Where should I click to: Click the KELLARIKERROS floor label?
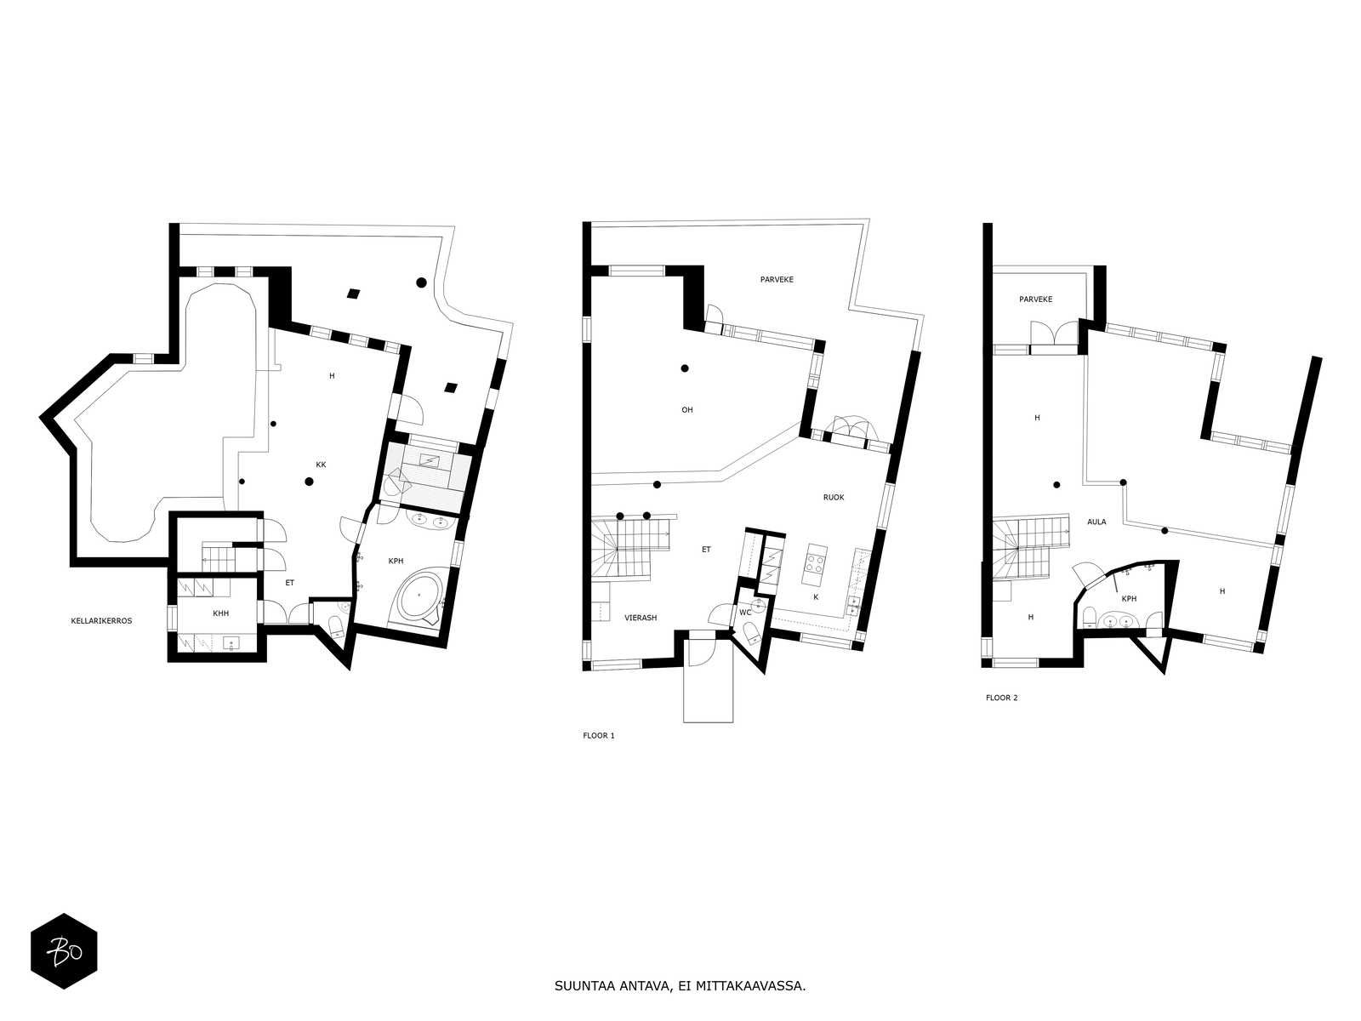(101, 620)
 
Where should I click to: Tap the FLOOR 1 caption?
(598, 736)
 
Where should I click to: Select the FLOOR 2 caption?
(1001, 698)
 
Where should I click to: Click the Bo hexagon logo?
(64, 951)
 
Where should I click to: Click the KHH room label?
(220, 613)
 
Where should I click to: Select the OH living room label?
(687, 410)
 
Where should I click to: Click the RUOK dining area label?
(834, 497)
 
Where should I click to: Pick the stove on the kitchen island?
(814, 564)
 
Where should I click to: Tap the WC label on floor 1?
(745, 613)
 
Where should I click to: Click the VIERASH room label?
(641, 618)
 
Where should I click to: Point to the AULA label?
(1096, 522)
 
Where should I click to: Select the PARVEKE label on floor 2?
(1035, 299)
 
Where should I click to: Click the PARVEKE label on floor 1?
(777, 280)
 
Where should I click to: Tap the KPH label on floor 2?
(1129, 599)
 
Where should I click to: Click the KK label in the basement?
(321, 465)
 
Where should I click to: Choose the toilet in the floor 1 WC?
(751, 632)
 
